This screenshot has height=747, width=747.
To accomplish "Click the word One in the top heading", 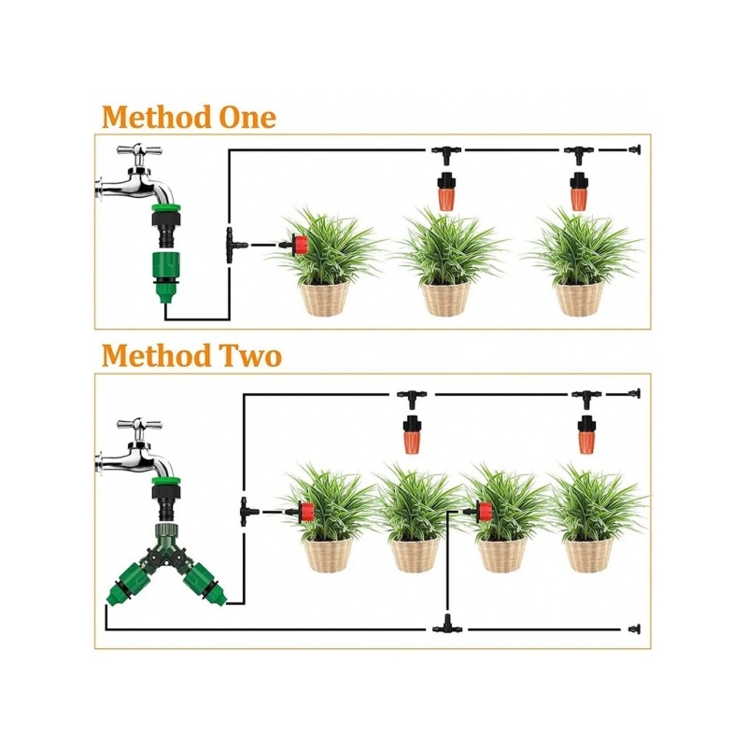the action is (x=247, y=118).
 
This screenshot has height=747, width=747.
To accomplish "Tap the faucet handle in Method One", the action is (x=139, y=150).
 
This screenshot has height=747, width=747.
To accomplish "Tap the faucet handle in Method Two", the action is (x=139, y=425).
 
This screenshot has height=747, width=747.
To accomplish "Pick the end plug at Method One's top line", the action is (x=634, y=150).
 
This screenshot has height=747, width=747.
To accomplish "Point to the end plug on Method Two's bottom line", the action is (x=634, y=628).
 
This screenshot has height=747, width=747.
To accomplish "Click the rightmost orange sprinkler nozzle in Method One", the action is (x=579, y=191).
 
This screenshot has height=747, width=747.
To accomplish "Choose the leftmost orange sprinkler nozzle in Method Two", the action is (x=412, y=434).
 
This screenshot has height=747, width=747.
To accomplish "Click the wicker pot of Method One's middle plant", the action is (x=445, y=298).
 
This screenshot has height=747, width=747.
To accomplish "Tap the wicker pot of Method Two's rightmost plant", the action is (x=588, y=554).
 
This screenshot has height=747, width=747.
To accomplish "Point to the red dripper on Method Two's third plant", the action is (x=483, y=511).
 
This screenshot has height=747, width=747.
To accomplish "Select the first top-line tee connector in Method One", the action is (x=446, y=155).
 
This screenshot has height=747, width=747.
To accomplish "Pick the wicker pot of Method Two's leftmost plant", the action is (x=329, y=554).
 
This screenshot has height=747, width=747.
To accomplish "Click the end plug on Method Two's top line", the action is (x=634, y=393).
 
